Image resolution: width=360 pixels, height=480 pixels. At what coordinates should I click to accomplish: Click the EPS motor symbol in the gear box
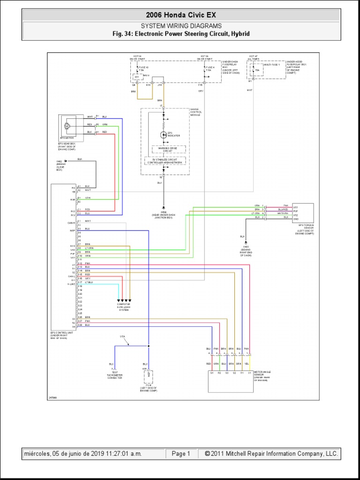(67, 126)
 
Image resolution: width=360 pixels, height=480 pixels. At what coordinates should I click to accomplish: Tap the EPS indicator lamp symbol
(164, 135)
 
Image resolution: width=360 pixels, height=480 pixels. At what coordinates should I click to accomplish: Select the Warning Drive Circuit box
(168, 149)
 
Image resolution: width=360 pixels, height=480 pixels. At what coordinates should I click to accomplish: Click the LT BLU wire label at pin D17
(89, 282)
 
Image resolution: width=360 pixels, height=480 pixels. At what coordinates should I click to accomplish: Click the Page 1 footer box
(181, 454)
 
